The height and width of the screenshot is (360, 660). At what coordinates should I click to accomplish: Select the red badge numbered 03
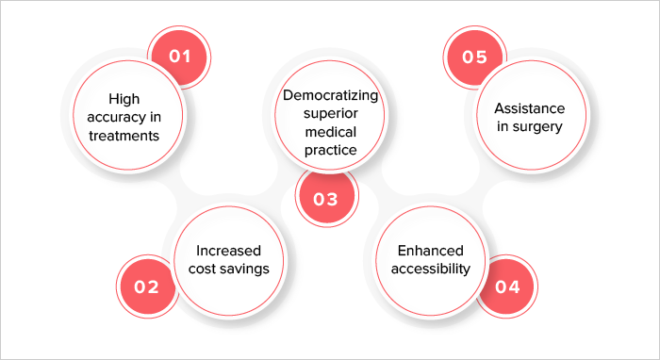point(326,199)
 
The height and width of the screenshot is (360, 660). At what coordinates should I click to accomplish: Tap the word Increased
point(228,251)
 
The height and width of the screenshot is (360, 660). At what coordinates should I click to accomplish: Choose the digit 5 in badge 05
point(482,57)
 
